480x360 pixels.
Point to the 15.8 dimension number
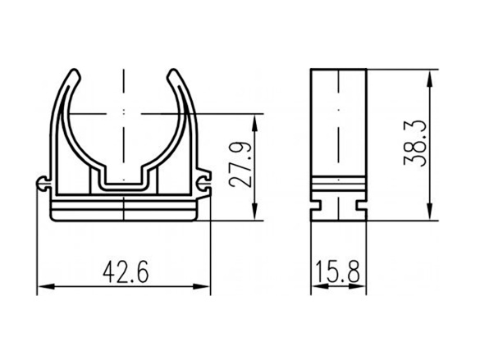338,271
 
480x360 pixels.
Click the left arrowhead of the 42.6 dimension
43,286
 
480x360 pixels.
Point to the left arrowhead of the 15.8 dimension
314,286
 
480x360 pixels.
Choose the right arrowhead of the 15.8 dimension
362,286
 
